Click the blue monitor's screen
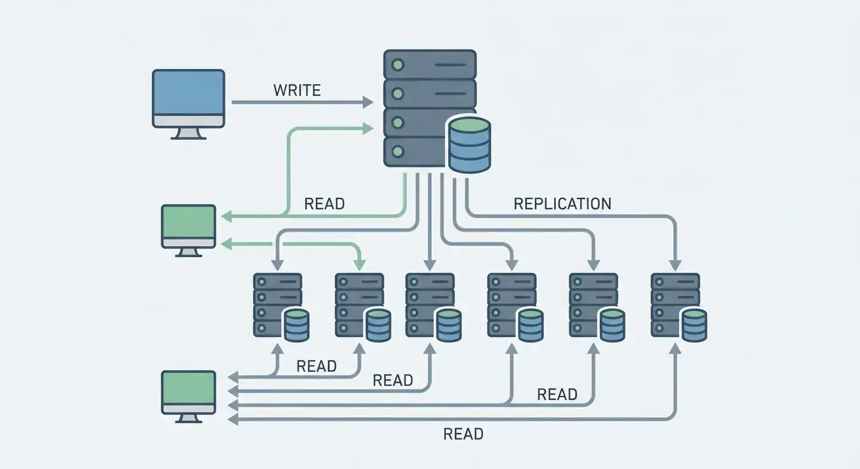tap(188, 92)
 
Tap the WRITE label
tap(297, 90)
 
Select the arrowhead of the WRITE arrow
tap(368, 102)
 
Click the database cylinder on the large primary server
tap(469, 145)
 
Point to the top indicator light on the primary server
tap(398, 64)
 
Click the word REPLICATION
tap(562, 204)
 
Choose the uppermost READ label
tap(324, 204)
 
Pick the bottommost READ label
tap(463, 434)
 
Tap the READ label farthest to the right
tap(557, 395)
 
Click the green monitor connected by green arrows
tap(188, 227)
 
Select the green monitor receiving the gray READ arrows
tap(188, 392)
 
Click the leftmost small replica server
tap(277, 305)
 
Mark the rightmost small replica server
tap(675, 305)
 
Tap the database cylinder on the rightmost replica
tap(694, 325)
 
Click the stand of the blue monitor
tap(188, 134)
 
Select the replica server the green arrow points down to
tap(359, 305)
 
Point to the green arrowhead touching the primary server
tap(368, 128)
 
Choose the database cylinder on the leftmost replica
tap(297, 325)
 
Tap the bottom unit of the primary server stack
tap(415, 151)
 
